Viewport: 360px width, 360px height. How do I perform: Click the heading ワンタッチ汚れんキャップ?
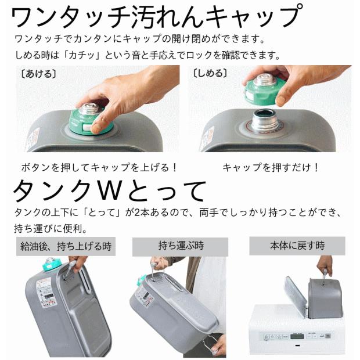point(157,17)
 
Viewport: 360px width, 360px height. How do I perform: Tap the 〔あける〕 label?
point(36,74)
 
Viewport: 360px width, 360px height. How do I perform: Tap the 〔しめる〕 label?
point(210,74)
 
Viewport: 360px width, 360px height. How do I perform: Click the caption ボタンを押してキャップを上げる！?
point(99,167)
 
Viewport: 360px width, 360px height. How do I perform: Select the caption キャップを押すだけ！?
point(271,167)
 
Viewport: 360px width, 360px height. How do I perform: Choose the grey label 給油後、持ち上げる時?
point(64,246)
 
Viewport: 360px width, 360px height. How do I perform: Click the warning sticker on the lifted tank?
point(47,290)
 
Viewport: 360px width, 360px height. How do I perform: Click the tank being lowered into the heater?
point(325,296)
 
